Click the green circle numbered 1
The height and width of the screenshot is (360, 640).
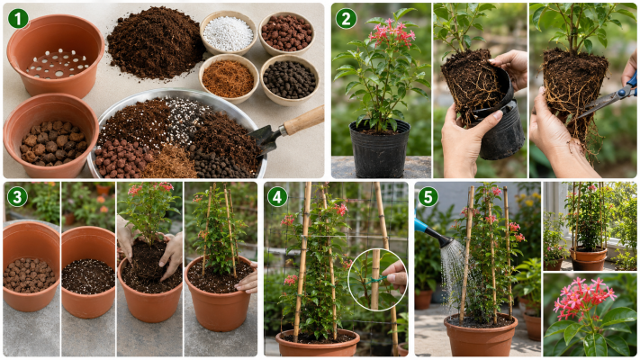[18, 19]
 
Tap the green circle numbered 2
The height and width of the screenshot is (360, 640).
[347, 19]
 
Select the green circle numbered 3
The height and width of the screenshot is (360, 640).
[17, 197]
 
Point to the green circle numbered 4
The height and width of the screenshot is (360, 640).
[277, 197]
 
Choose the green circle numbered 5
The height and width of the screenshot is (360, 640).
[428, 197]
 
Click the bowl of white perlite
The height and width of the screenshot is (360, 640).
[228, 33]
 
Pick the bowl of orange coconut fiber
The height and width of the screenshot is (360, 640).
[229, 78]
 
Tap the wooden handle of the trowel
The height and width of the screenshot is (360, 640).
[304, 120]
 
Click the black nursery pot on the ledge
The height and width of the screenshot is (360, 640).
[380, 148]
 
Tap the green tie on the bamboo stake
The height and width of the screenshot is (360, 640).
[376, 281]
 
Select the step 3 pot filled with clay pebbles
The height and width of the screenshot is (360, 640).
[31, 266]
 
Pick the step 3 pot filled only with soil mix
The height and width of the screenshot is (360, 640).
[88, 272]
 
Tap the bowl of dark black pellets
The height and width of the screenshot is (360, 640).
[290, 79]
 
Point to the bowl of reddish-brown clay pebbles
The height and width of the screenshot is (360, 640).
[287, 32]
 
